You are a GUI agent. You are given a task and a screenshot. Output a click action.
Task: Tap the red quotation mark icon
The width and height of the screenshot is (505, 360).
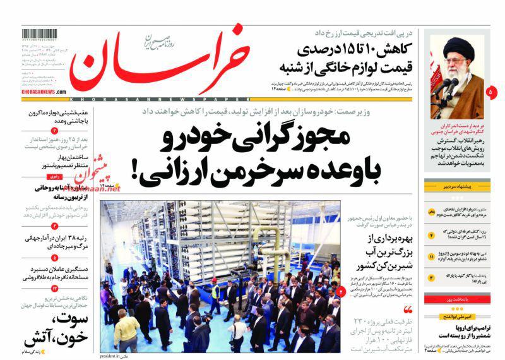coord(408,309)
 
